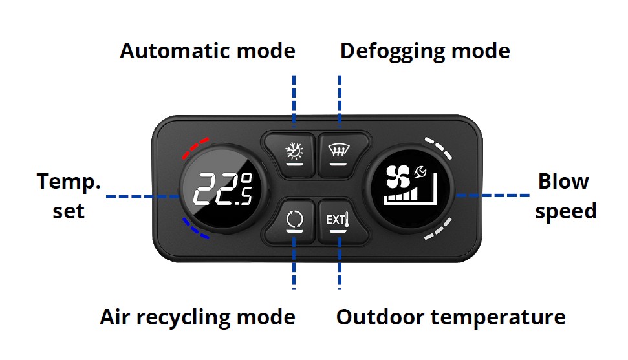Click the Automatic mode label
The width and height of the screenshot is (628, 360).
(207, 51)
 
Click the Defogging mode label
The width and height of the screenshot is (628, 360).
(425, 51)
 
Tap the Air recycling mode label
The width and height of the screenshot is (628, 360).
(197, 317)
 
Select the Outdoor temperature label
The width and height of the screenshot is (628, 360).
(451, 317)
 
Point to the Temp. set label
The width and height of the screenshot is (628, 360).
(69, 196)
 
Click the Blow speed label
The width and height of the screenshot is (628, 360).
(565, 196)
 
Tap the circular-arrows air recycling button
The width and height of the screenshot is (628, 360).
(294, 220)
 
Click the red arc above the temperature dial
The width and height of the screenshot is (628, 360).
(195, 148)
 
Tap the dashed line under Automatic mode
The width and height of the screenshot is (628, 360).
(294, 99)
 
